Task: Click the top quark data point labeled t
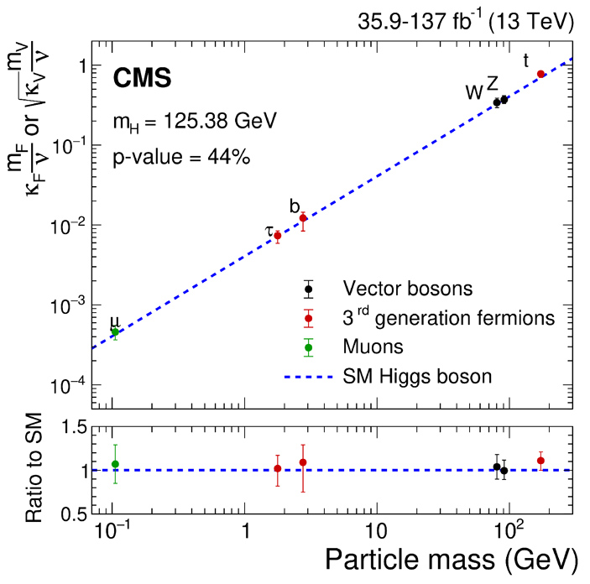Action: (541, 74)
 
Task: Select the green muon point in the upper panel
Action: (115, 331)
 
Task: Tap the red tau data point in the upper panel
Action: (277, 235)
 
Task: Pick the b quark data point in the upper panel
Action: (303, 218)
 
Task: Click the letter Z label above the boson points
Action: (493, 81)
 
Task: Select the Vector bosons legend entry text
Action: (408, 289)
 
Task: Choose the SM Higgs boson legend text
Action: (417, 376)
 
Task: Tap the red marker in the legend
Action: (309, 318)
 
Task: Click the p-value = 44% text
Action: (180, 157)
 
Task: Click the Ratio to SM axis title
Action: (34, 470)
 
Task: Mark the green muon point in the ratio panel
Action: (115, 464)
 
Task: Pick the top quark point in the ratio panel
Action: (541, 460)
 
